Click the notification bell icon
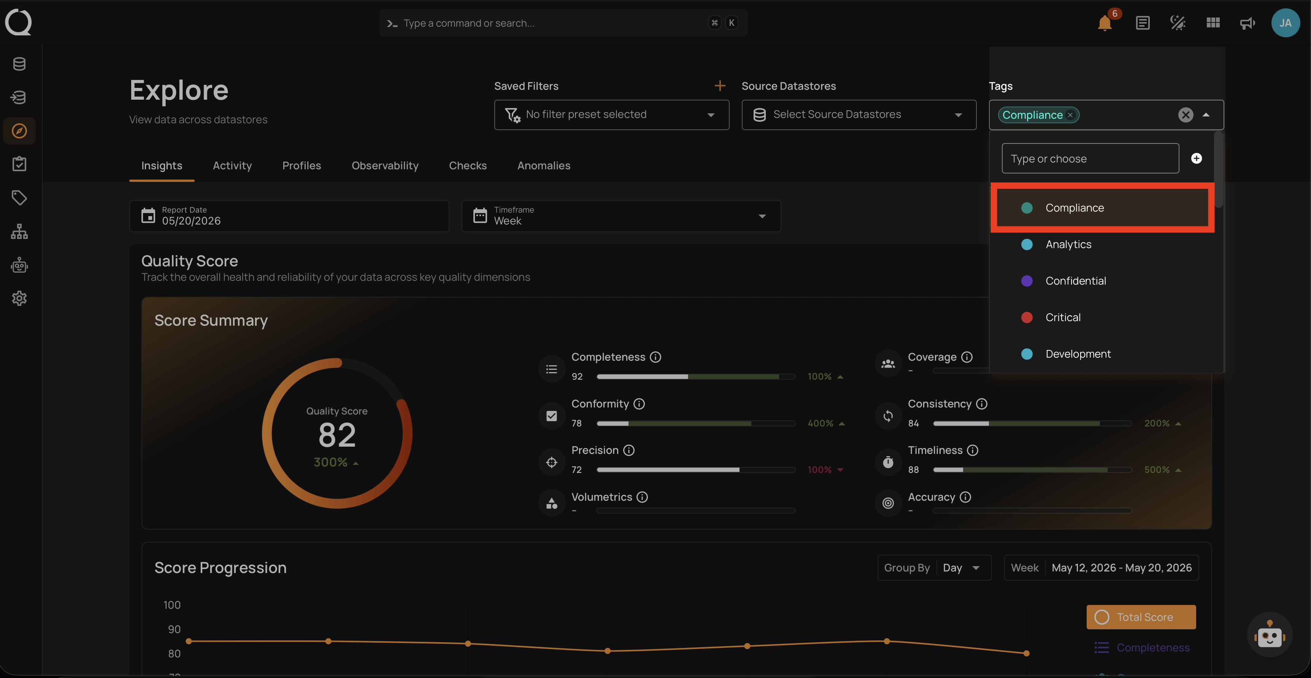pyautogui.click(x=1105, y=24)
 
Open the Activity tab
pyautogui.click(x=232, y=166)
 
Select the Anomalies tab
pyautogui.click(x=544, y=166)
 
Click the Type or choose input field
pyautogui.click(x=1090, y=158)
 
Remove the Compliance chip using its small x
pyautogui.click(x=1070, y=115)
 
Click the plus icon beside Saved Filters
pyautogui.click(x=720, y=86)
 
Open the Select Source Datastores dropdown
pyautogui.click(x=859, y=115)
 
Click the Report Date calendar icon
pyautogui.click(x=148, y=215)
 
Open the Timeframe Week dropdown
pyautogui.click(x=621, y=216)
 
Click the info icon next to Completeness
pyautogui.click(x=655, y=357)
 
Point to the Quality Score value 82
pyautogui.click(x=337, y=436)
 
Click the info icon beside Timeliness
pyautogui.click(x=973, y=450)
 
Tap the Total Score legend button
pyautogui.click(x=1141, y=617)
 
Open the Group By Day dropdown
pyautogui.click(x=935, y=567)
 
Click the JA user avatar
pyautogui.click(x=1285, y=23)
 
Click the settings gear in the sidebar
pyautogui.click(x=19, y=299)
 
